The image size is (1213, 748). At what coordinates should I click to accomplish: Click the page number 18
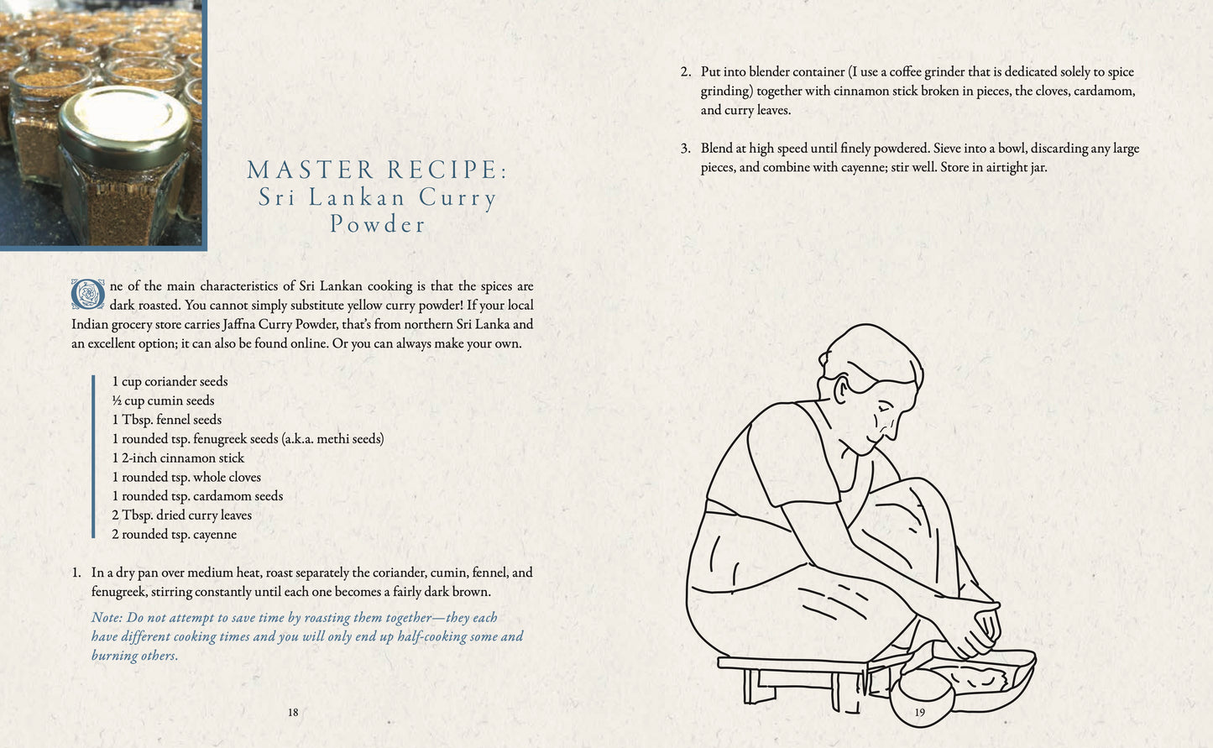293,712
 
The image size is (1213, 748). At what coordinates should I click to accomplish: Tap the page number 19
919,712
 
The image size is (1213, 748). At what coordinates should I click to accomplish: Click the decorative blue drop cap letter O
87,295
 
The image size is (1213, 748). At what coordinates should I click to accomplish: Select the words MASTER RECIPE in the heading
377,170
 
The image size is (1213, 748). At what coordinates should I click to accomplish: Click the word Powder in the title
378,224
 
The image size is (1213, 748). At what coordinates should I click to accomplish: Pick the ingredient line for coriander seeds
170,381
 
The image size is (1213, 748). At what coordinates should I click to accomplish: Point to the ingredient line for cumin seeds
163,400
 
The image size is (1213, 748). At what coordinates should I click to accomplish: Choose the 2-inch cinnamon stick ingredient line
178,458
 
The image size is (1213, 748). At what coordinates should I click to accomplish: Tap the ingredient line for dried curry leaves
181,515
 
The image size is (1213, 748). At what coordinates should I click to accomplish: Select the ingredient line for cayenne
174,534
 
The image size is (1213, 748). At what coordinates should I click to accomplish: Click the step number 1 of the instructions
76,573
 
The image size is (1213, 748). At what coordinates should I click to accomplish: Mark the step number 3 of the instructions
685,149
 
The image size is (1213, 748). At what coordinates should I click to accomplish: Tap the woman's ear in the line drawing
839,388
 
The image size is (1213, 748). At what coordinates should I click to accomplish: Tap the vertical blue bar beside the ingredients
93,457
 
